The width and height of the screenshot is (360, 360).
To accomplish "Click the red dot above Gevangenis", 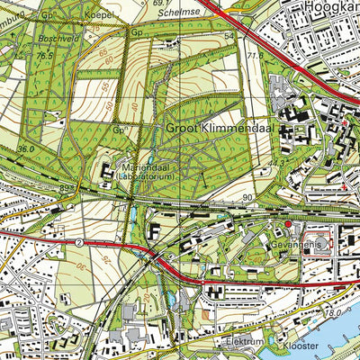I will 288,224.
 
